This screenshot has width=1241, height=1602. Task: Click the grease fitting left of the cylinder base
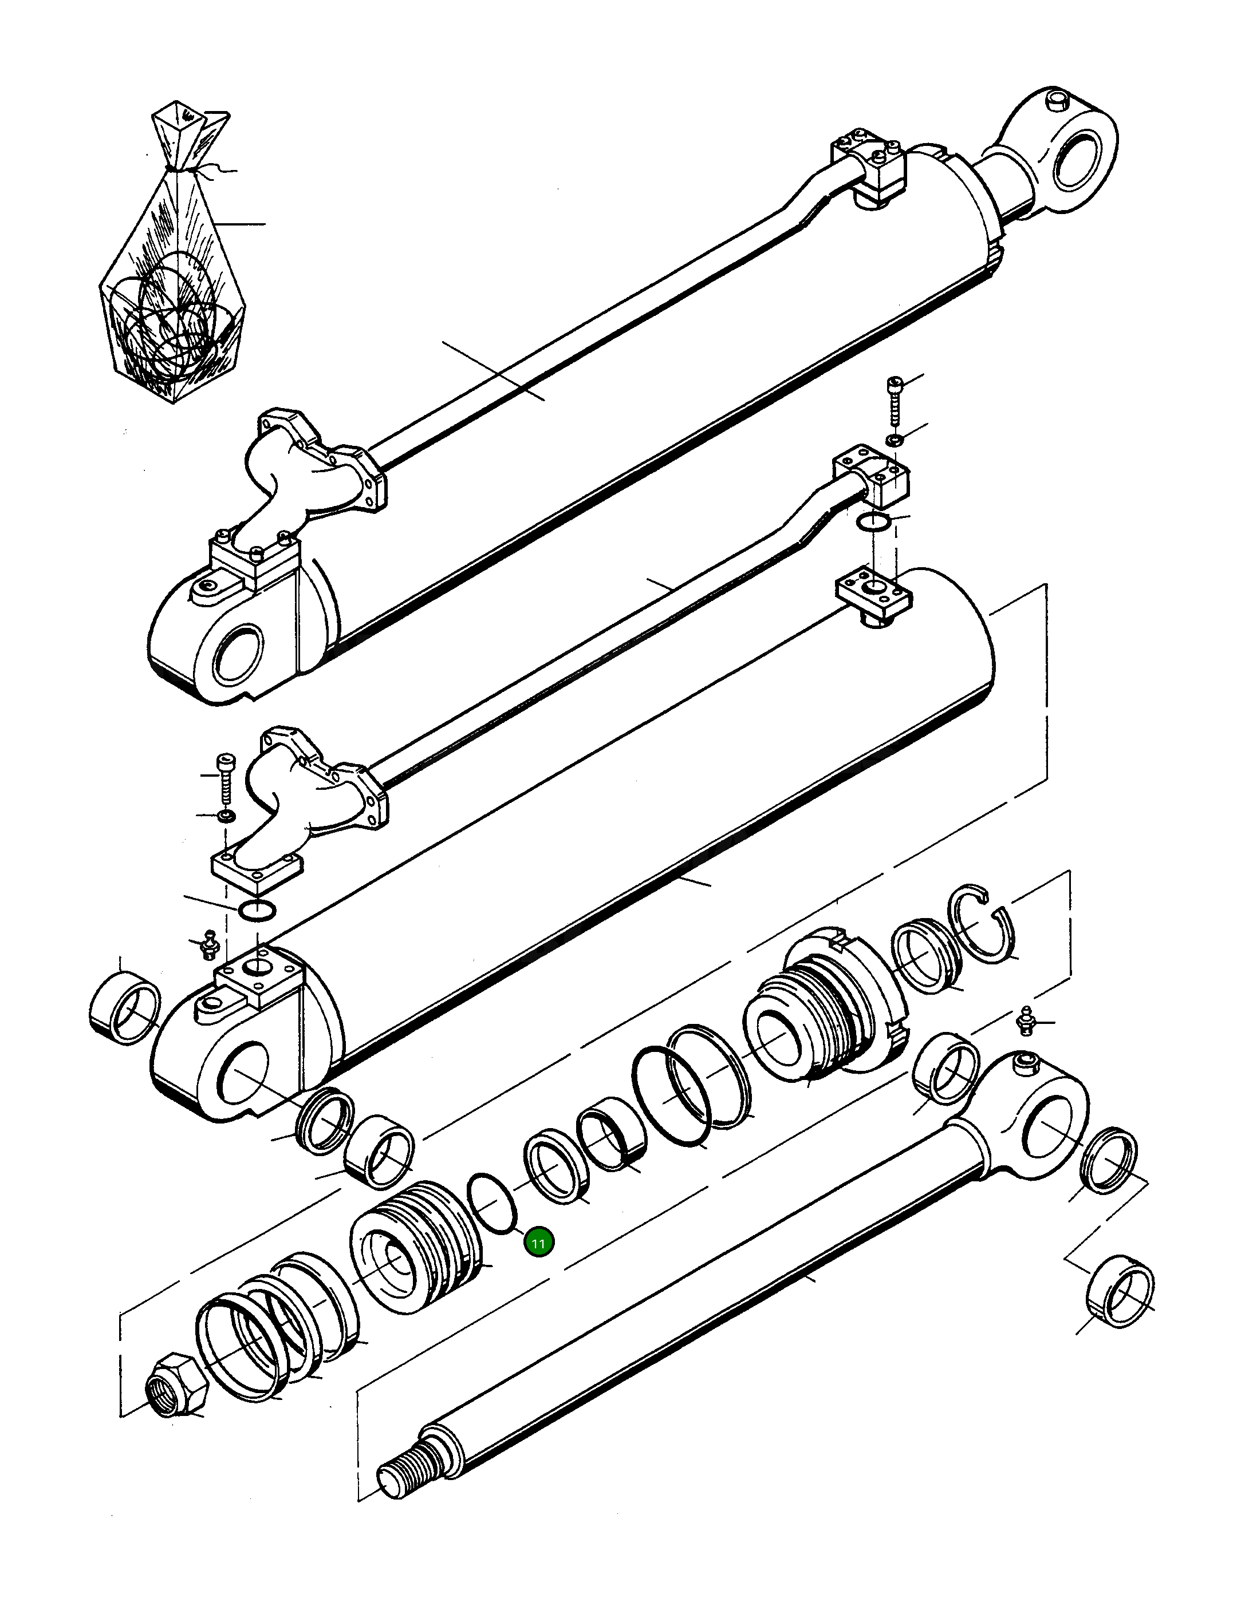tap(209, 944)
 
